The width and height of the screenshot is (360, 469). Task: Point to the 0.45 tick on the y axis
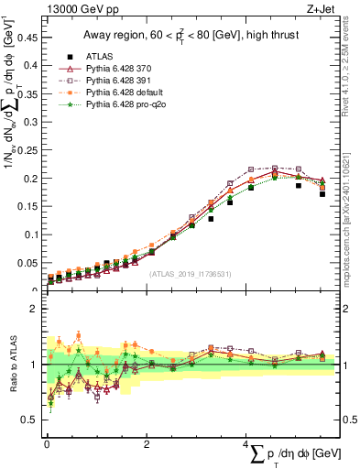click(29, 38)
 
